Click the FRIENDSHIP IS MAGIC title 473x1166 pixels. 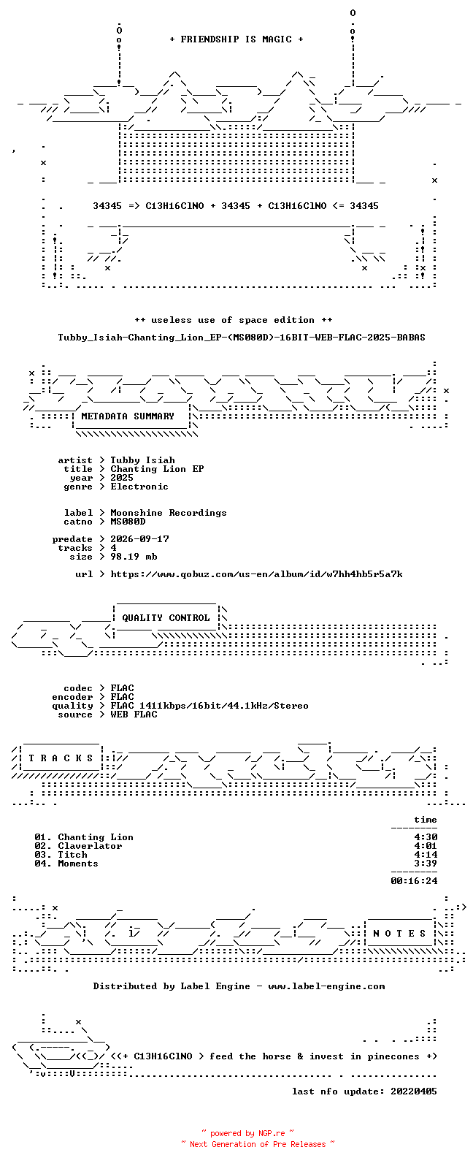pyautogui.click(x=236, y=39)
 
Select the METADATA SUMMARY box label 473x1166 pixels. pyautogui.click(x=128, y=416)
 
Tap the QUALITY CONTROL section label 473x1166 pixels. pyautogui.click(x=166, y=618)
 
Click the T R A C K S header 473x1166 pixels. pyautogui.click(x=61, y=758)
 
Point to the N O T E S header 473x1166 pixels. pyautogui.click(x=399, y=934)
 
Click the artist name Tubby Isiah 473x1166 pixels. pyautogui.click(x=142, y=460)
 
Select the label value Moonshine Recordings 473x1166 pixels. pyautogui.click(x=169, y=513)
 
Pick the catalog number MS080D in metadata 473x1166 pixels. pyautogui.click(x=128, y=522)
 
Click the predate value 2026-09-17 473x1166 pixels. pyautogui.click(x=139, y=539)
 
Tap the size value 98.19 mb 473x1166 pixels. pyautogui.click(x=134, y=557)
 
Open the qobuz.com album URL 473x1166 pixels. pyautogui.click(x=256, y=574)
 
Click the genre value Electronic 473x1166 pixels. pyautogui.click(x=139, y=487)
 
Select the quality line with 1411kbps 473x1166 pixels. pyautogui.click(x=209, y=706)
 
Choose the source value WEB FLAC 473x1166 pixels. pyautogui.click(x=134, y=715)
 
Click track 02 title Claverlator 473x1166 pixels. pyautogui.click(x=90, y=846)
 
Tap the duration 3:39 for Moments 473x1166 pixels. pyautogui.click(x=426, y=864)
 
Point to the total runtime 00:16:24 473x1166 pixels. pyautogui.click(x=414, y=881)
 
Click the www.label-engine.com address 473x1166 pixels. pyautogui.click(x=327, y=986)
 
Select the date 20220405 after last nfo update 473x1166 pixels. pyautogui.click(x=414, y=1091)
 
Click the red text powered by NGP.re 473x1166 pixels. pyautogui.click(x=247, y=1134)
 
